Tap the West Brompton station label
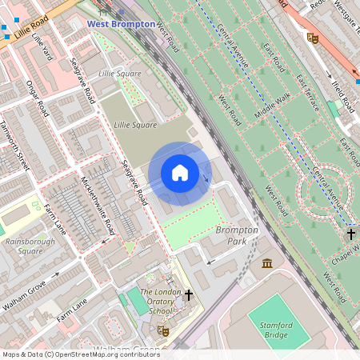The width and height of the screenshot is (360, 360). pyautogui.click(x=121, y=24)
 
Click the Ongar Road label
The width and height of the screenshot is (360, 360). pyautogui.click(x=37, y=98)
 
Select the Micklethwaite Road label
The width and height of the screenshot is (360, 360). pyautogui.click(x=98, y=206)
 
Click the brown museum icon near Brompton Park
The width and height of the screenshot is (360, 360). pyautogui.click(x=266, y=263)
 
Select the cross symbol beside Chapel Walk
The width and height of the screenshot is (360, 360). pyautogui.click(x=350, y=234)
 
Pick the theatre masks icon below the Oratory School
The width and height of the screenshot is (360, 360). pyautogui.click(x=163, y=330)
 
